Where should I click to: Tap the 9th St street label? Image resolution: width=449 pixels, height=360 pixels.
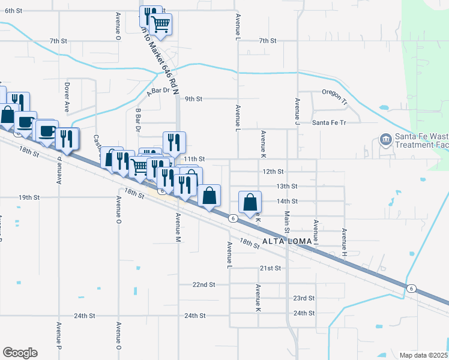194,98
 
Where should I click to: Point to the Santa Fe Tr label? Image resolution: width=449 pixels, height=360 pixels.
329,122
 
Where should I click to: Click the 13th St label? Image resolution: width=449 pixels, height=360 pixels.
287,186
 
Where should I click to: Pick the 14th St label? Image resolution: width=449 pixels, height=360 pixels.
287,201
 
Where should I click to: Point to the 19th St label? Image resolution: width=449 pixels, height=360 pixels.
29,197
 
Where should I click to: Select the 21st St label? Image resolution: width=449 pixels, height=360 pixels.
270,268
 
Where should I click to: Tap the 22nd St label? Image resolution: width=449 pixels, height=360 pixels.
204,284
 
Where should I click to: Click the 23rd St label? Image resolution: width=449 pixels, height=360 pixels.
304,298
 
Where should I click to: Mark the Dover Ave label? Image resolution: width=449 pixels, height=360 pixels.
67,98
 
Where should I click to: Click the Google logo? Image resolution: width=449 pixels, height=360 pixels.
20,352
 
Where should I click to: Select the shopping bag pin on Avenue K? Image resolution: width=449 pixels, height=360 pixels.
250,203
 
